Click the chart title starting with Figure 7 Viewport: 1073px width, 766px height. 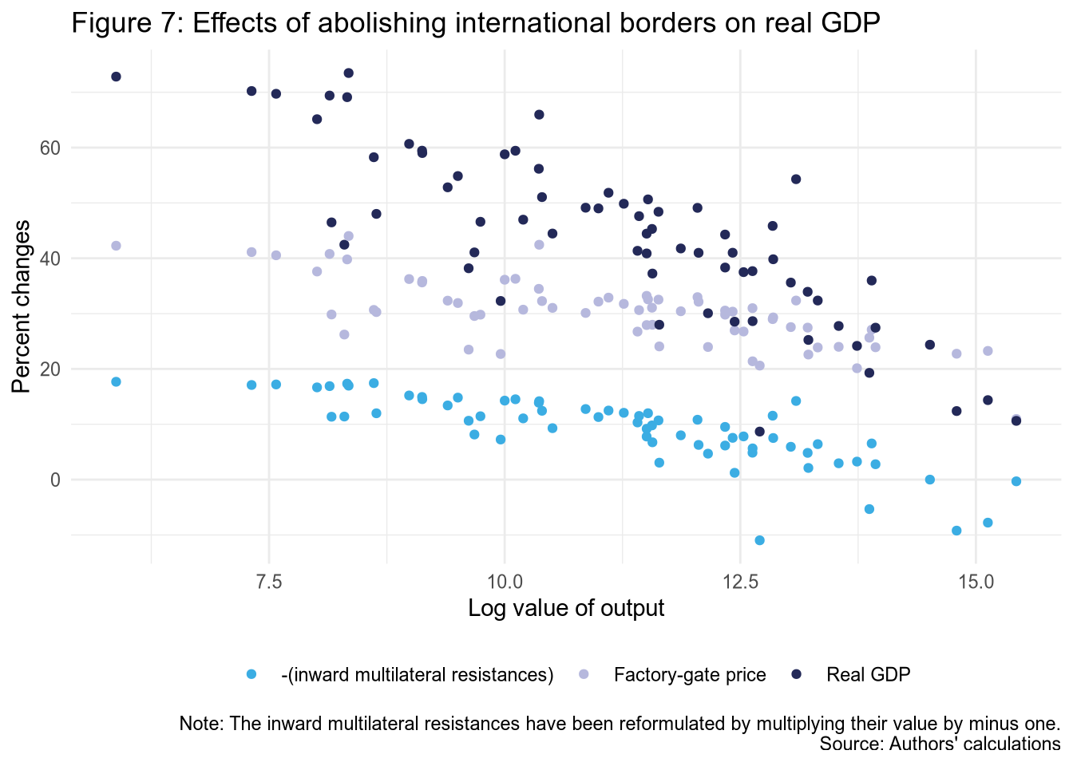tap(475, 23)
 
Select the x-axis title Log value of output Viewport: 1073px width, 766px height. tap(566, 609)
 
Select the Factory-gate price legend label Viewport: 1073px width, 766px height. tap(690, 675)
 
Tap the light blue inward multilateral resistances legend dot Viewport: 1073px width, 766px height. tap(251, 675)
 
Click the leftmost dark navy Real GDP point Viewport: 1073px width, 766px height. tap(116, 77)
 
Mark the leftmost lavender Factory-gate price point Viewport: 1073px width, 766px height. tap(116, 246)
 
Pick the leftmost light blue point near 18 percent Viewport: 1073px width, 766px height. tap(116, 381)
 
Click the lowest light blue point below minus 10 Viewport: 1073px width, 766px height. tap(759, 540)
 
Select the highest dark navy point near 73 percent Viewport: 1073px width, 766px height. tap(348, 73)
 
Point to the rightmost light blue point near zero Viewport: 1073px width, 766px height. tap(1016, 481)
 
